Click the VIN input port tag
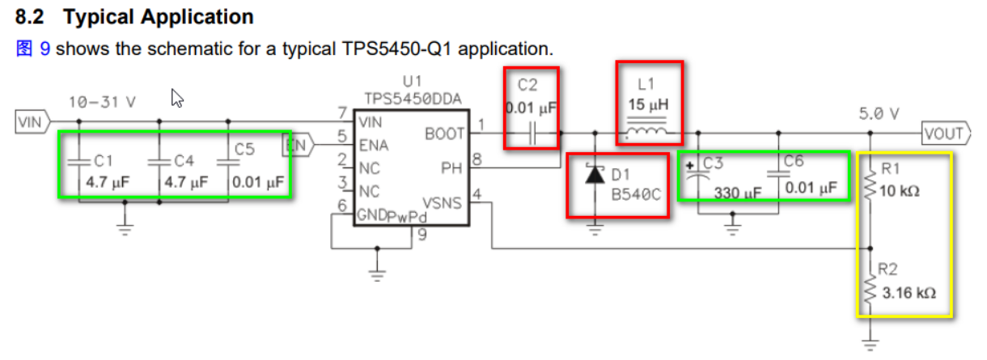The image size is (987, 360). tap(30, 122)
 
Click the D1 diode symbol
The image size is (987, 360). tap(595, 175)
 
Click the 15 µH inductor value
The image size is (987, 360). tap(649, 106)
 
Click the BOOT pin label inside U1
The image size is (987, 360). tap(444, 134)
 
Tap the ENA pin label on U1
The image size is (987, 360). tap(375, 146)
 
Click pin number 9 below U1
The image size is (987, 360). tap(421, 235)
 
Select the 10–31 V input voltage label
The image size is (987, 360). tap(102, 103)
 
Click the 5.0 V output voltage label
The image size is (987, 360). tap(879, 114)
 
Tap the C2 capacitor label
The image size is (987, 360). tap(527, 84)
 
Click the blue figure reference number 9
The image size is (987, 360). tap(45, 49)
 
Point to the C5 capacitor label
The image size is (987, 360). tap(244, 150)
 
